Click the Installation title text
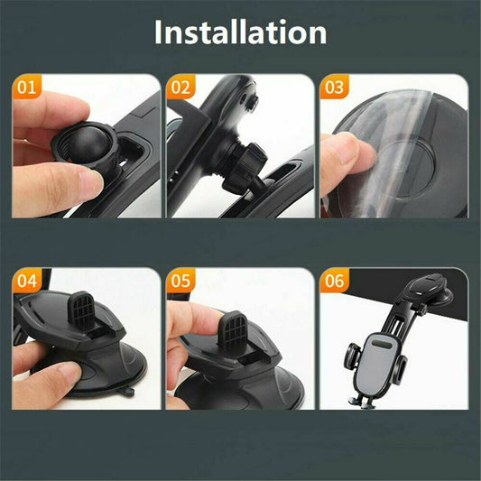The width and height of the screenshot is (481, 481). pyautogui.click(x=240, y=33)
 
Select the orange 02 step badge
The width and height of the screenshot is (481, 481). pyautogui.click(x=181, y=88)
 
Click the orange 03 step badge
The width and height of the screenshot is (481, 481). pyautogui.click(x=335, y=88)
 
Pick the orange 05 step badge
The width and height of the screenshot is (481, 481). pyautogui.click(x=181, y=281)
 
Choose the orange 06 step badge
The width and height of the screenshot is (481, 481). pyautogui.click(x=335, y=281)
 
